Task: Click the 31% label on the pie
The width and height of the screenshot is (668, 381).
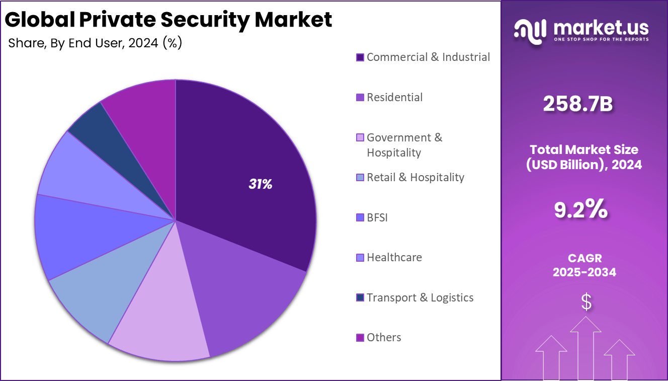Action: click(260, 185)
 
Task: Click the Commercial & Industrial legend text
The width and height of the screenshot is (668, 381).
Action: click(428, 57)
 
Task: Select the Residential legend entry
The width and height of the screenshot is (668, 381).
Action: click(394, 98)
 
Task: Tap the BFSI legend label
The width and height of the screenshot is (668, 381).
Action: click(377, 218)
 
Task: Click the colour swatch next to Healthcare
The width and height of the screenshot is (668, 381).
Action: click(360, 258)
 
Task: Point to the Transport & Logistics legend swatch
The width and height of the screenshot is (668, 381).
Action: click(360, 298)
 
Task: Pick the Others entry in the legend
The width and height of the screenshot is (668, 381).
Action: click(384, 338)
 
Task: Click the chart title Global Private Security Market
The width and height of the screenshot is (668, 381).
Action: click(169, 20)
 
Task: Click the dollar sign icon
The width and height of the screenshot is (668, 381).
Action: click(586, 301)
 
